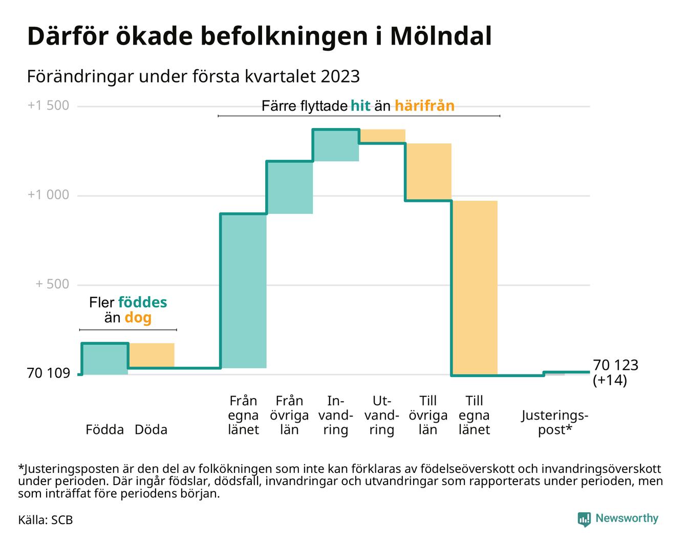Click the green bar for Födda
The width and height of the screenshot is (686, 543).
(x=105, y=359)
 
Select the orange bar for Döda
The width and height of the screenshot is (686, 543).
(x=152, y=355)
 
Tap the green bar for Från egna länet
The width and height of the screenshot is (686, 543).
(x=244, y=290)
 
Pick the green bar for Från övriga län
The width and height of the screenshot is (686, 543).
(x=290, y=187)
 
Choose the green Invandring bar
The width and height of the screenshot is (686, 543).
(x=336, y=145)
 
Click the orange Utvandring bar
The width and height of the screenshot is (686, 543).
(x=382, y=136)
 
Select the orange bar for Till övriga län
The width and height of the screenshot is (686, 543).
(x=428, y=172)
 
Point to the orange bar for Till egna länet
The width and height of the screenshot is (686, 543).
(x=475, y=288)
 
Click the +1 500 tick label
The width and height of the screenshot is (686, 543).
(x=48, y=106)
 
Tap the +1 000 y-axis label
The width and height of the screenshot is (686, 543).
(x=48, y=195)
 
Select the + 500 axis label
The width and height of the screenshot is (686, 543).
(x=52, y=284)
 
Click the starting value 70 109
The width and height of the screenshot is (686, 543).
(x=48, y=373)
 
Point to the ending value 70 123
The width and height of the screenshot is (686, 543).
(x=615, y=365)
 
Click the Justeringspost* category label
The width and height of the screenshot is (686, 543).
(x=555, y=422)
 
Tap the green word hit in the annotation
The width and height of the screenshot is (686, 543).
(x=360, y=106)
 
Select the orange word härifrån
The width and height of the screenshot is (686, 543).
(x=424, y=106)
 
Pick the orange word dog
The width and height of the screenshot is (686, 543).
(x=138, y=318)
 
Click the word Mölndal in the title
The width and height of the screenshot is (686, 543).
(x=440, y=36)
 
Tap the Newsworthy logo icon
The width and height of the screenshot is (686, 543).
(x=584, y=519)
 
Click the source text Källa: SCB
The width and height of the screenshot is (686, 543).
(x=46, y=520)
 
